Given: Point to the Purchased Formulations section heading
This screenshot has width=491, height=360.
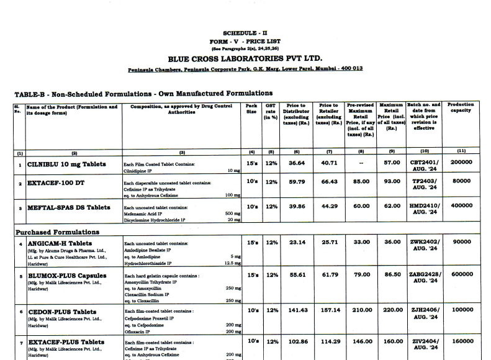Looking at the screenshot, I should pyautogui.click(x=57, y=232).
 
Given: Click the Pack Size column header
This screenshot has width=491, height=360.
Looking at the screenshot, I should pyautogui.click(x=251, y=109).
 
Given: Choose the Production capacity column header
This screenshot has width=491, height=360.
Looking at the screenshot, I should pyautogui.click(x=461, y=109).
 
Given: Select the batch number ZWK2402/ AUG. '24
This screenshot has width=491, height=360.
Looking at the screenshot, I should pyautogui.click(x=425, y=246).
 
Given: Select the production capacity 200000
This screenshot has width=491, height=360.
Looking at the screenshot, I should pyautogui.click(x=461, y=163).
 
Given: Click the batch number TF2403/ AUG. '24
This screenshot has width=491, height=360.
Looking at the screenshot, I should pyautogui.click(x=425, y=185).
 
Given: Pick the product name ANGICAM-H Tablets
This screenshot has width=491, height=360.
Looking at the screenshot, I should pyautogui.click(x=60, y=243).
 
